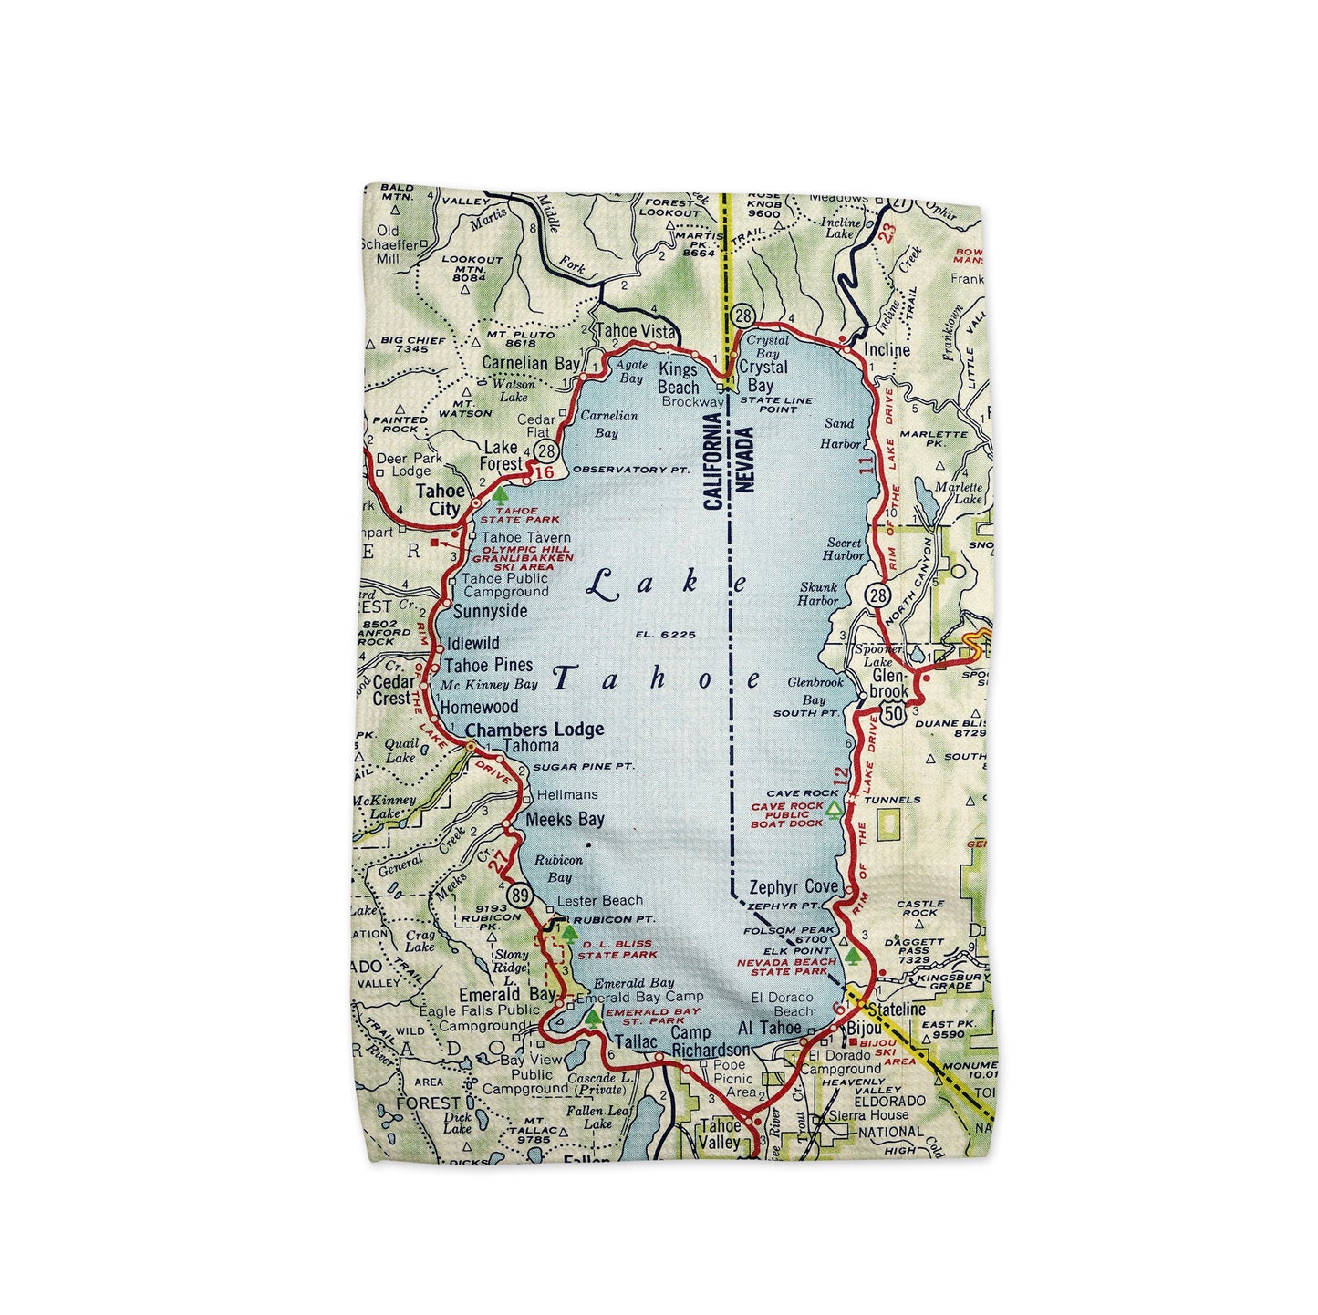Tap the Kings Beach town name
(678, 378)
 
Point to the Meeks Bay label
(565, 819)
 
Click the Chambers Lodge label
(534, 729)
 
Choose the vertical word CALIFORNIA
(713, 461)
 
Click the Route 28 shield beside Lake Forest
(546, 450)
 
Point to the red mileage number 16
(544, 472)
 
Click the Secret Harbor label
(844, 549)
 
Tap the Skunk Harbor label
(817, 594)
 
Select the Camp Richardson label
(710, 1041)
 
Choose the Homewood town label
(479, 707)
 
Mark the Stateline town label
(897, 1010)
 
